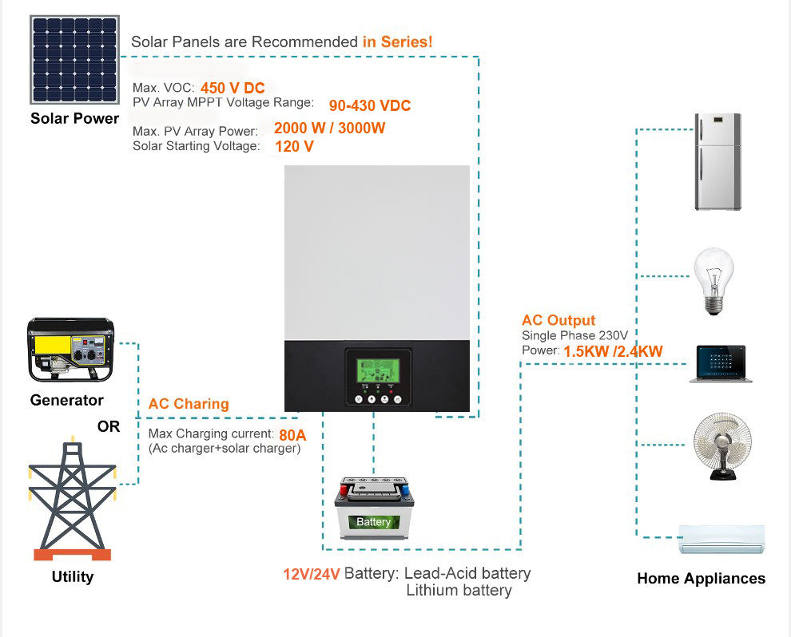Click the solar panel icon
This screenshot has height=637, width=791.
(x=74, y=59)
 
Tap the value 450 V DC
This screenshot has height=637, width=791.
(x=233, y=89)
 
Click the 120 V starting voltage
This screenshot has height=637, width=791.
(x=294, y=147)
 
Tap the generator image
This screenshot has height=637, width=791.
(x=70, y=352)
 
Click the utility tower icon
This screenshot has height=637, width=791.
(x=72, y=500)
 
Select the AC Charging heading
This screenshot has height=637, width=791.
(x=189, y=404)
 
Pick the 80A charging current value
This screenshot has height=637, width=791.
(x=292, y=435)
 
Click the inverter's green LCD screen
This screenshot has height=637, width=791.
(x=378, y=370)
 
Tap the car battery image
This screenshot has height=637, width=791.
(x=374, y=508)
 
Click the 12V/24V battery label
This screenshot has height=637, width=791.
(x=312, y=574)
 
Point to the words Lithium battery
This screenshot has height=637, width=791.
(x=459, y=591)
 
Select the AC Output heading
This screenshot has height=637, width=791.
(x=558, y=320)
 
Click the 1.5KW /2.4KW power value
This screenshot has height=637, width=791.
(x=613, y=351)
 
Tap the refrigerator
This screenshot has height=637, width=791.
(x=717, y=162)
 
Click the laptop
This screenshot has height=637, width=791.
(x=721, y=364)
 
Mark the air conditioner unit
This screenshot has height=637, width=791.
(x=722, y=540)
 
